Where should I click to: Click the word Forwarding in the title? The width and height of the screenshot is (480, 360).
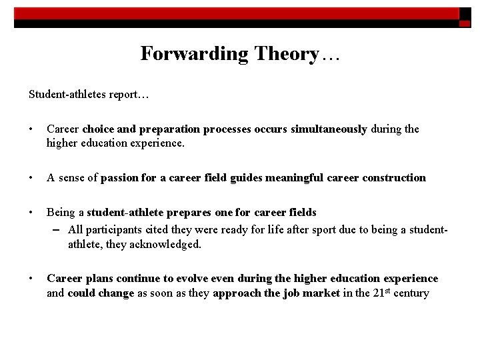[x=184, y=54]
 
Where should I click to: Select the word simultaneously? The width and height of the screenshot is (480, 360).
[x=328, y=129]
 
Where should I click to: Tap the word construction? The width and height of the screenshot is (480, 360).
[x=394, y=177]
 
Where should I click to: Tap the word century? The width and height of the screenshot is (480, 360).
[x=411, y=293]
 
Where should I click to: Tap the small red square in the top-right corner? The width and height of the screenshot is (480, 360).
[x=465, y=23]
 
